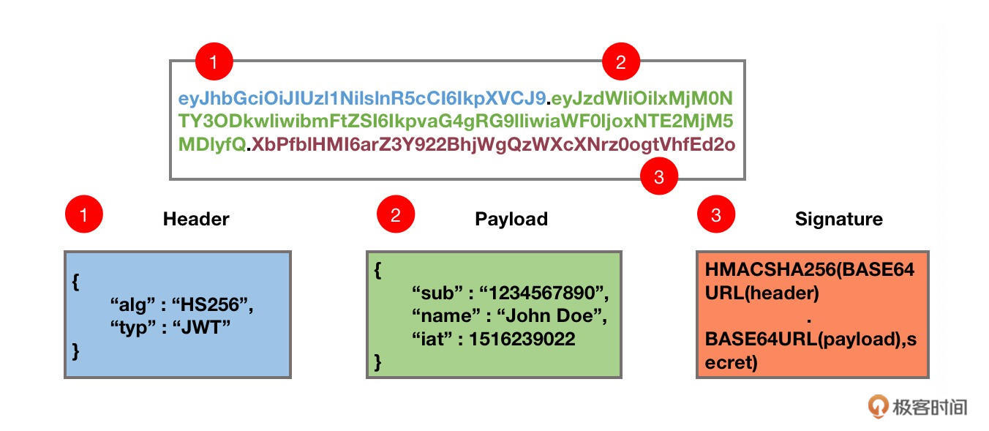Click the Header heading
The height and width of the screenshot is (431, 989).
pyautogui.click(x=196, y=219)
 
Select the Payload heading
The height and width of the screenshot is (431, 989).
pyautogui.click(x=511, y=219)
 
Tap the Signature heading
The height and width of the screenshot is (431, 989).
pyautogui.click(x=838, y=219)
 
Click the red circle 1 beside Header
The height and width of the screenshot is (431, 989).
pyautogui.click(x=83, y=215)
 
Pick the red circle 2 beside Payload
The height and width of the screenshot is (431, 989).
pyautogui.click(x=396, y=215)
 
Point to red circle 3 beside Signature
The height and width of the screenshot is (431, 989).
pyautogui.click(x=715, y=215)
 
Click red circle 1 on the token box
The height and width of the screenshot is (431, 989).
pyautogui.click(x=214, y=62)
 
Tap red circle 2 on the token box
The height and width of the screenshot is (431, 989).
pyautogui.click(x=620, y=62)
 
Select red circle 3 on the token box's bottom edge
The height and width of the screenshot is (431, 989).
pyautogui.click(x=659, y=178)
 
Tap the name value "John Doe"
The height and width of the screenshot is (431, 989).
pyautogui.click(x=546, y=317)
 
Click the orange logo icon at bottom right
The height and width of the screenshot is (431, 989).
pyautogui.click(x=878, y=405)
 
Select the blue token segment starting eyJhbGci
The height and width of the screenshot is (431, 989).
pyautogui.click(x=361, y=98)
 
